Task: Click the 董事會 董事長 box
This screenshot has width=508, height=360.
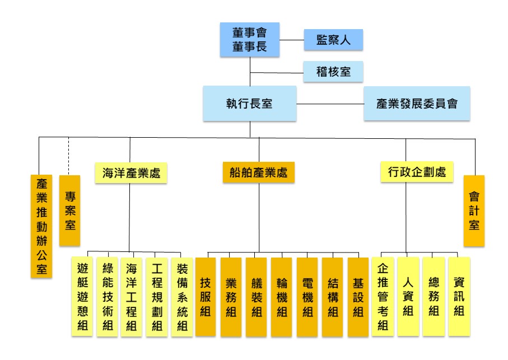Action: pos(249,40)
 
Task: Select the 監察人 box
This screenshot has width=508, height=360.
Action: pos(333,40)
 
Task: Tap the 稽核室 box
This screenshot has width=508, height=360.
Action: pos(333,72)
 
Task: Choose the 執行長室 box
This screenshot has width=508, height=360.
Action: pos(249,104)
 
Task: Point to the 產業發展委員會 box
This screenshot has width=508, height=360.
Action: pos(417,104)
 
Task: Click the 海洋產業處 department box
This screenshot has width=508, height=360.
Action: pos(131,173)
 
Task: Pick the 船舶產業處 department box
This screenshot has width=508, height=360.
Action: pos(259,172)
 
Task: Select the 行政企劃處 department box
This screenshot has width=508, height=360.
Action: pos(417,171)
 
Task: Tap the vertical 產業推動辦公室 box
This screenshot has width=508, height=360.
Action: pos(41,226)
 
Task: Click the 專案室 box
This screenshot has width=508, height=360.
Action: pos(69,211)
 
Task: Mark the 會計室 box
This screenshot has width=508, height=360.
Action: pos(474,211)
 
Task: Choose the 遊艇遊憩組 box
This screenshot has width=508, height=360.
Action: pos(82,297)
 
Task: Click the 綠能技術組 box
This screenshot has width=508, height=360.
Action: pos(107,297)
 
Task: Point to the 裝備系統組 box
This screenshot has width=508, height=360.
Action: pos(182,297)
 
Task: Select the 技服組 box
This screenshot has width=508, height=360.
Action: pos(206,297)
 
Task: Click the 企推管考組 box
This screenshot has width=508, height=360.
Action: pos(383,296)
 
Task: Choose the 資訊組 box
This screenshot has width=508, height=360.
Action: pos(459,296)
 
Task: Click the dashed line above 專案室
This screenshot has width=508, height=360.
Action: pos(69,156)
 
